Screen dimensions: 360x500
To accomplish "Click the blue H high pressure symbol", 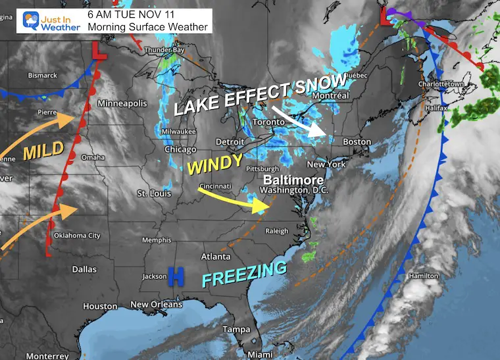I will click(x=176, y=276).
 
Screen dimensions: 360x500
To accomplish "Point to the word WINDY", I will click(x=215, y=165).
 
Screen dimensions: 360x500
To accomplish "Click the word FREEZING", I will click(x=244, y=273).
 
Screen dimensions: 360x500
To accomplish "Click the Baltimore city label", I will click(x=293, y=180).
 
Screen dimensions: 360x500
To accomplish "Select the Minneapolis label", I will click(x=122, y=103).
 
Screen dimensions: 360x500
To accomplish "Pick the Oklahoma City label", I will click(x=78, y=236).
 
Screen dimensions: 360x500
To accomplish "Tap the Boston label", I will click(x=357, y=141).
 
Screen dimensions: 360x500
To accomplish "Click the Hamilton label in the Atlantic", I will click(x=445, y=275).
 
